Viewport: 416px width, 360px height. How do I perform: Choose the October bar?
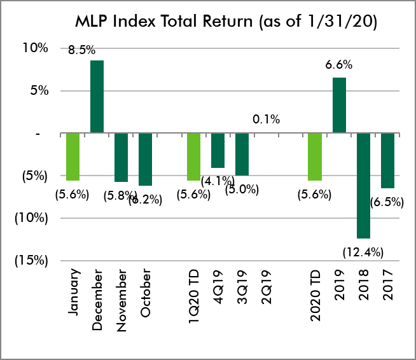[x=146, y=159]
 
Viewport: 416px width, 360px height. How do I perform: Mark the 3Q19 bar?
[x=242, y=154]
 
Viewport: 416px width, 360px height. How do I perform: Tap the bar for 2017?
[x=387, y=161]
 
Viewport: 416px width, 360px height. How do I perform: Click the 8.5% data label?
[x=82, y=48]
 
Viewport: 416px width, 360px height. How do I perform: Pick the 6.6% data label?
[x=339, y=65]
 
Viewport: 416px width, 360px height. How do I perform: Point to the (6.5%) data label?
[x=387, y=202]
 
